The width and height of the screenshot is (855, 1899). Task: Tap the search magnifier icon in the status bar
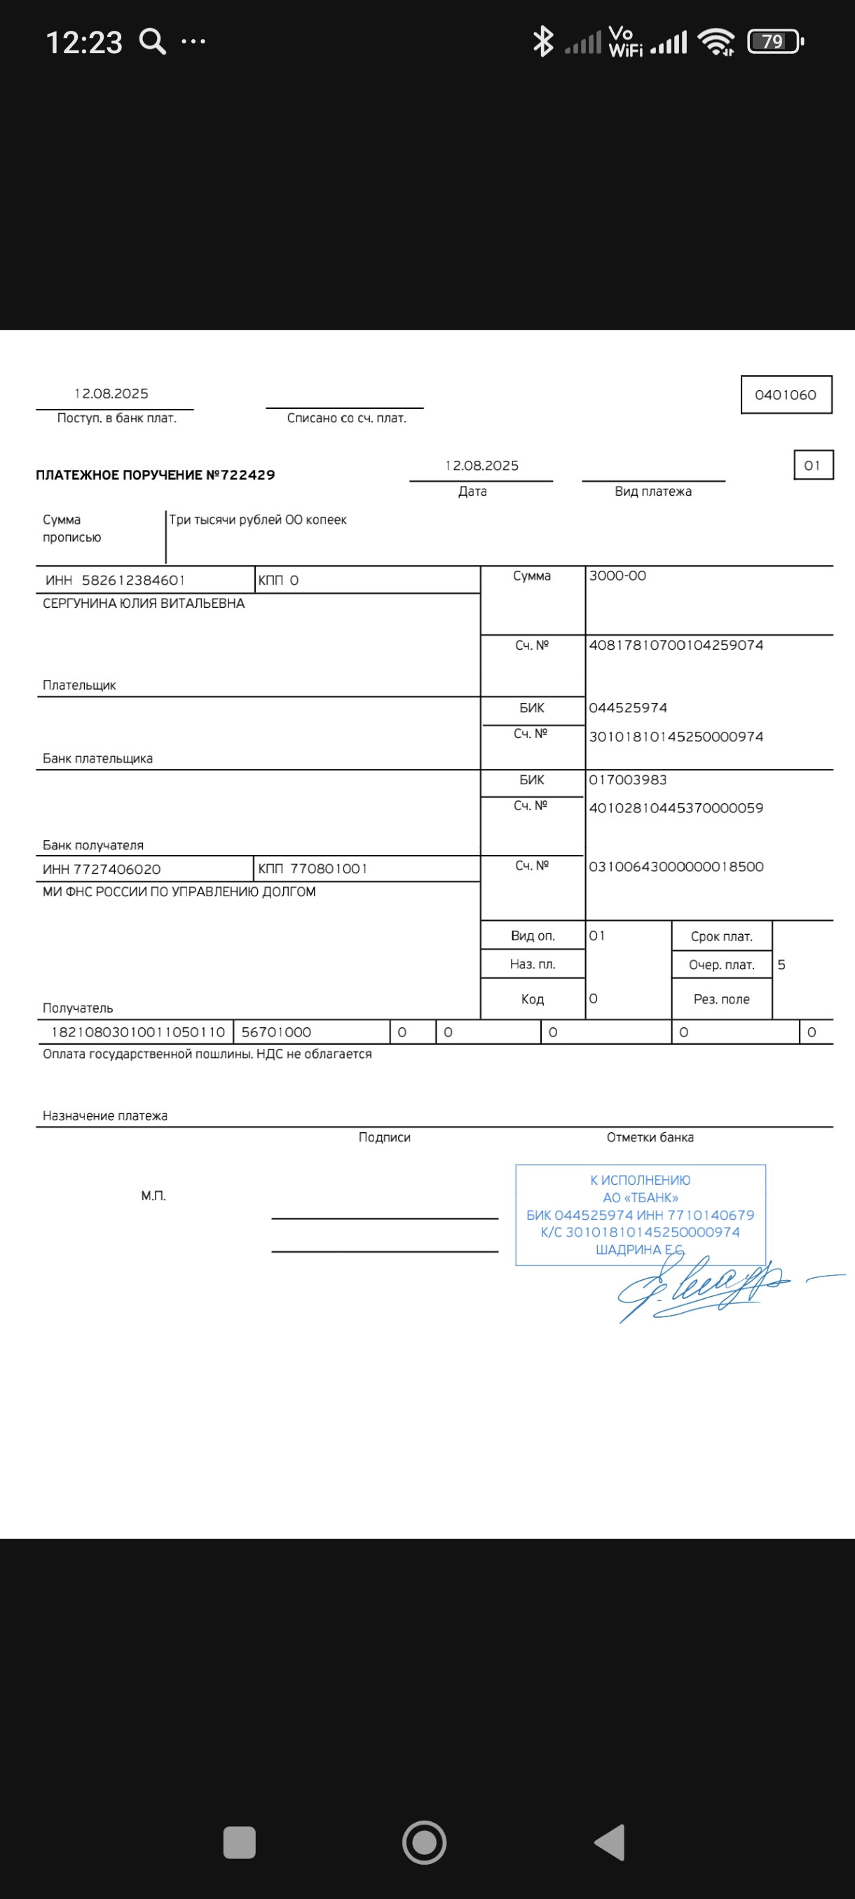click(x=153, y=41)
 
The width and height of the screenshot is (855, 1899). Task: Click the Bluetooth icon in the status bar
click(x=543, y=41)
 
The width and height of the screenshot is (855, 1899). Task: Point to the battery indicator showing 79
click(x=774, y=41)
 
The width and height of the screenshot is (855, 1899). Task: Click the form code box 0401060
click(x=786, y=394)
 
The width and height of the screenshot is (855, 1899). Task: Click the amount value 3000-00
click(x=617, y=576)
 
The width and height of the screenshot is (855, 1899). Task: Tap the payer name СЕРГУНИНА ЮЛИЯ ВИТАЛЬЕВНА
click(x=144, y=603)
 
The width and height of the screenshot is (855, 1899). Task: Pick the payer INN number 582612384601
click(x=132, y=580)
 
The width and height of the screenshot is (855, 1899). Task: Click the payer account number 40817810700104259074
click(x=676, y=645)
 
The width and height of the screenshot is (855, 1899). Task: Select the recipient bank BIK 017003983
click(x=628, y=780)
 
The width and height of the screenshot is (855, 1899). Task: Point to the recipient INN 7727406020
click(x=117, y=869)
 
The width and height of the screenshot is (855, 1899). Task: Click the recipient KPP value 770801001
click(x=328, y=868)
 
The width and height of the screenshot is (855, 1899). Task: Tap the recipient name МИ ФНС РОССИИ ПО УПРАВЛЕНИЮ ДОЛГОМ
click(x=179, y=891)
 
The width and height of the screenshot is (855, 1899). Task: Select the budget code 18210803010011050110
click(x=138, y=1032)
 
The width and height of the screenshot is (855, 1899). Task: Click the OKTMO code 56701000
click(x=276, y=1032)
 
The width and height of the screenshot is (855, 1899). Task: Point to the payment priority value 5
click(x=781, y=964)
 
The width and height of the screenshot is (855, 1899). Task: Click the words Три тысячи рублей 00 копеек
click(x=258, y=520)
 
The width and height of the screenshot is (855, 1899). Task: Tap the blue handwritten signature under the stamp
click(x=701, y=1286)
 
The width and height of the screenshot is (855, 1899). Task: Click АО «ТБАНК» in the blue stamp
click(x=641, y=1197)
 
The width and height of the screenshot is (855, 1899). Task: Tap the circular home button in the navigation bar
click(x=424, y=1842)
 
